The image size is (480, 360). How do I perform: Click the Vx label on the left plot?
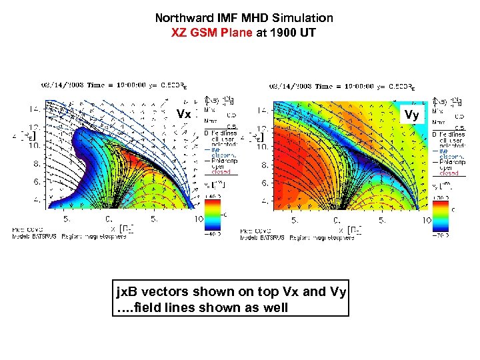tap(183, 114)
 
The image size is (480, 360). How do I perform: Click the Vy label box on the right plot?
tap(412, 115)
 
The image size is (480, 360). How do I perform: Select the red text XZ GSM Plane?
tap(213, 31)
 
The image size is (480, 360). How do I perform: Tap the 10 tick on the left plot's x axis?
tap(199, 219)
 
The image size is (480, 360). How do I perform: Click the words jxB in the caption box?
tap(127, 291)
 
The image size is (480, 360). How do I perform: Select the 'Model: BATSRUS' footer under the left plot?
tap(40, 236)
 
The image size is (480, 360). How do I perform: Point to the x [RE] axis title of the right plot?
tap(352, 229)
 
